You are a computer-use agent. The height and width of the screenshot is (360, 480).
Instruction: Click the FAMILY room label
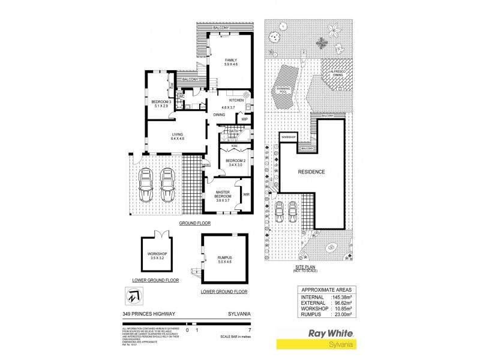point(230,61)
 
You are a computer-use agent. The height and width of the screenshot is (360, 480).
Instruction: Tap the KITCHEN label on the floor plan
point(236,100)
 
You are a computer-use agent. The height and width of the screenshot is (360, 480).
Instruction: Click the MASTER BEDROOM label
point(223,194)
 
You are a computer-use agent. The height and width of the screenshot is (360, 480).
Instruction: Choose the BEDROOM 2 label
point(234,161)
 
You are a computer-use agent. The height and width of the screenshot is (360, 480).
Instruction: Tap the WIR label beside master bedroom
point(246,194)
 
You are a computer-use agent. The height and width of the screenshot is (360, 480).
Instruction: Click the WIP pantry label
point(244,119)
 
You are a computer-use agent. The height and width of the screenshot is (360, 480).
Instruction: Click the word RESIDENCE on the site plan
point(311,172)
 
